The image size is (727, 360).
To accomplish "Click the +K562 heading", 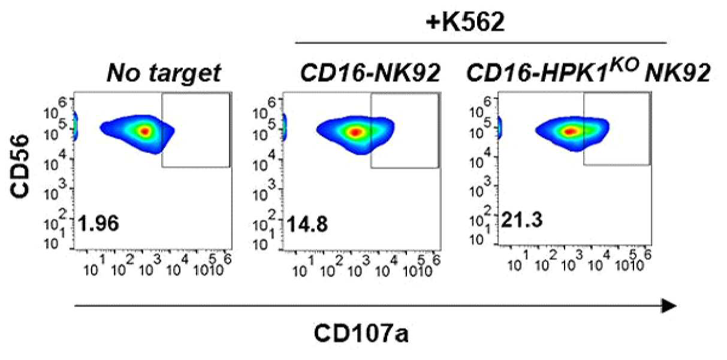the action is coord(465,22).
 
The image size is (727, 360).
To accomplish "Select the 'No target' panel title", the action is coord(164,72).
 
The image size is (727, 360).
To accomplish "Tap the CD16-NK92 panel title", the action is coord(370,72).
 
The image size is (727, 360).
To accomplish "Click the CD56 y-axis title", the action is coord(20,166).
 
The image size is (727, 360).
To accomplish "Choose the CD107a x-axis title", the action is coord(361,333).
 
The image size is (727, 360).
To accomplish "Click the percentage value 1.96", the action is coord(99,223).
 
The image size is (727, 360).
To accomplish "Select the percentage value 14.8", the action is coord(307,224).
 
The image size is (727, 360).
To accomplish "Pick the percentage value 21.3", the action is coord(522,220).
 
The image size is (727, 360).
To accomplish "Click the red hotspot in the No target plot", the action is coord(145,131).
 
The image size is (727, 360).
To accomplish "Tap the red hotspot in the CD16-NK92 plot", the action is coord(355,132).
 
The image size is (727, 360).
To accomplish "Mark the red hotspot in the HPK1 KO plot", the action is coord(571,131).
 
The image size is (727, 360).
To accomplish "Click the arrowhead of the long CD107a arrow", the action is coord(669,306).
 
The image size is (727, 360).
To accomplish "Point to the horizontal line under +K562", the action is coord(481,43).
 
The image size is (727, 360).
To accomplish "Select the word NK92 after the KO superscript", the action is coord(677,72).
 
